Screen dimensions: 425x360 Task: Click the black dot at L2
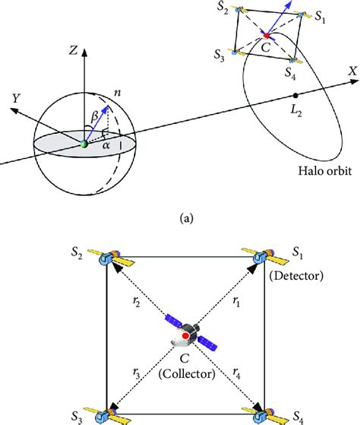click(x=295, y=96)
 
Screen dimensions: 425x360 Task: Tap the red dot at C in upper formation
click(x=266, y=36)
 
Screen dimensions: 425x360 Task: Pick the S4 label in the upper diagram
click(x=289, y=73)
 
